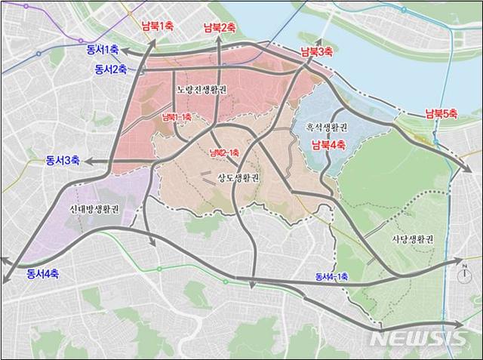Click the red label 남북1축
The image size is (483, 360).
[x=158, y=26]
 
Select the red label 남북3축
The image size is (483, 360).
[x=316, y=52]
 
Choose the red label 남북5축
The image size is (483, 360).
[x=441, y=114]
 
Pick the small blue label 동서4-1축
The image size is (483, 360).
[x=331, y=277]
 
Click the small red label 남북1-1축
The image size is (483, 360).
[x=177, y=117]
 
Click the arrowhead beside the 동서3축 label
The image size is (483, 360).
[x=87, y=161]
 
